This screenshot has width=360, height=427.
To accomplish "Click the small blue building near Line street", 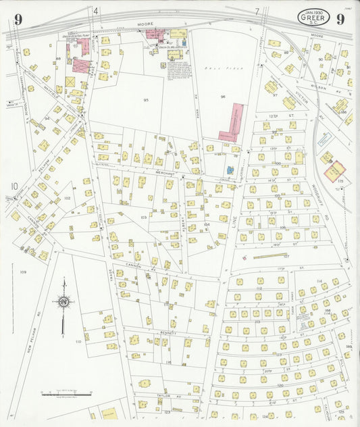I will click(x=230, y=170).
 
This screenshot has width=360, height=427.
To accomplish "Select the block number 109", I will click(x=23, y=272).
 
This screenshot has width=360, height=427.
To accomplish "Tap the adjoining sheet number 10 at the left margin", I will click(x=14, y=186).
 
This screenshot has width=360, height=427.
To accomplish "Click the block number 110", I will click(x=78, y=342).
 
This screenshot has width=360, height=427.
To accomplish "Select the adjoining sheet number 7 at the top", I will click(x=257, y=11).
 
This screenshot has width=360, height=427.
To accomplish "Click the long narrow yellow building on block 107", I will click(x=269, y=255).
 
